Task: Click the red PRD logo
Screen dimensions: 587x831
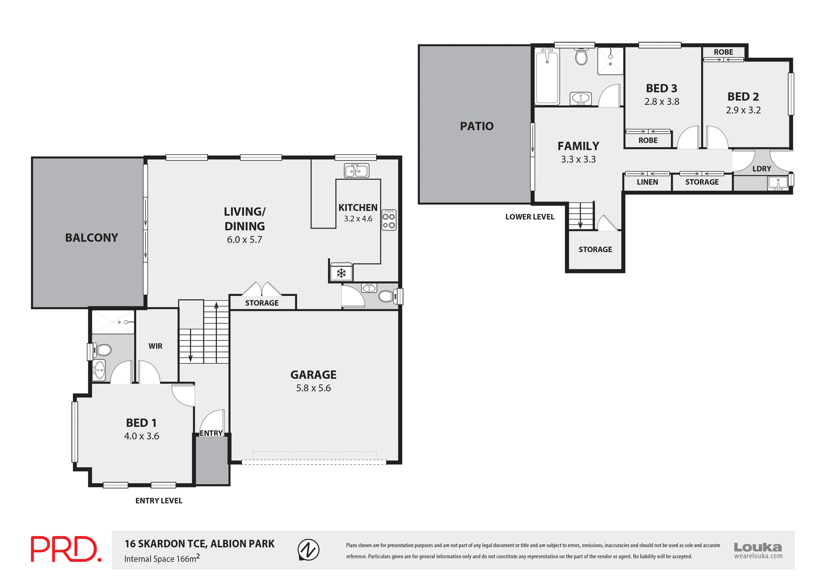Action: (x=66, y=549)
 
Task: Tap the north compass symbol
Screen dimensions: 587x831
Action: (x=308, y=550)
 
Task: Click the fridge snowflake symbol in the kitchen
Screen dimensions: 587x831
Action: (x=341, y=273)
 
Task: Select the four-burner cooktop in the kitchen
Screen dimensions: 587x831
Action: (x=389, y=220)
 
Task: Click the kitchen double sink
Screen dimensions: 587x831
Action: (x=356, y=171)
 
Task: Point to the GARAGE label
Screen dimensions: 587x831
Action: (x=313, y=375)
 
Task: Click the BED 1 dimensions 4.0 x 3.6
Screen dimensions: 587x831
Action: (x=142, y=436)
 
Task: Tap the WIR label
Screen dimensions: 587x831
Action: (x=155, y=346)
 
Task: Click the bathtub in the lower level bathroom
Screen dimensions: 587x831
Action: (x=547, y=76)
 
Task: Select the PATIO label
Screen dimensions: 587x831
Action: (x=477, y=126)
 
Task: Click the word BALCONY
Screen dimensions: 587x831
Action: (x=91, y=238)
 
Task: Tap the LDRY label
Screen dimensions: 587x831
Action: (x=761, y=169)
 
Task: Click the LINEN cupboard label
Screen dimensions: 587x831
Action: (x=647, y=182)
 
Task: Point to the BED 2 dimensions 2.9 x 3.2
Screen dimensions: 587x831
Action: (x=743, y=110)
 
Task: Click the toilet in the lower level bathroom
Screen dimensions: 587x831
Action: (x=581, y=57)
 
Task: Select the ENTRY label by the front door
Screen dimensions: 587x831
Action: (x=211, y=433)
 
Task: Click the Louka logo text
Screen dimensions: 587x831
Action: (x=758, y=547)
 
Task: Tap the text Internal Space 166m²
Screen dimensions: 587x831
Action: (x=162, y=558)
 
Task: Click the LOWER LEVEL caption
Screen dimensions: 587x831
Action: (x=530, y=217)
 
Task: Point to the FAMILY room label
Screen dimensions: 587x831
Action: (x=578, y=146)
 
